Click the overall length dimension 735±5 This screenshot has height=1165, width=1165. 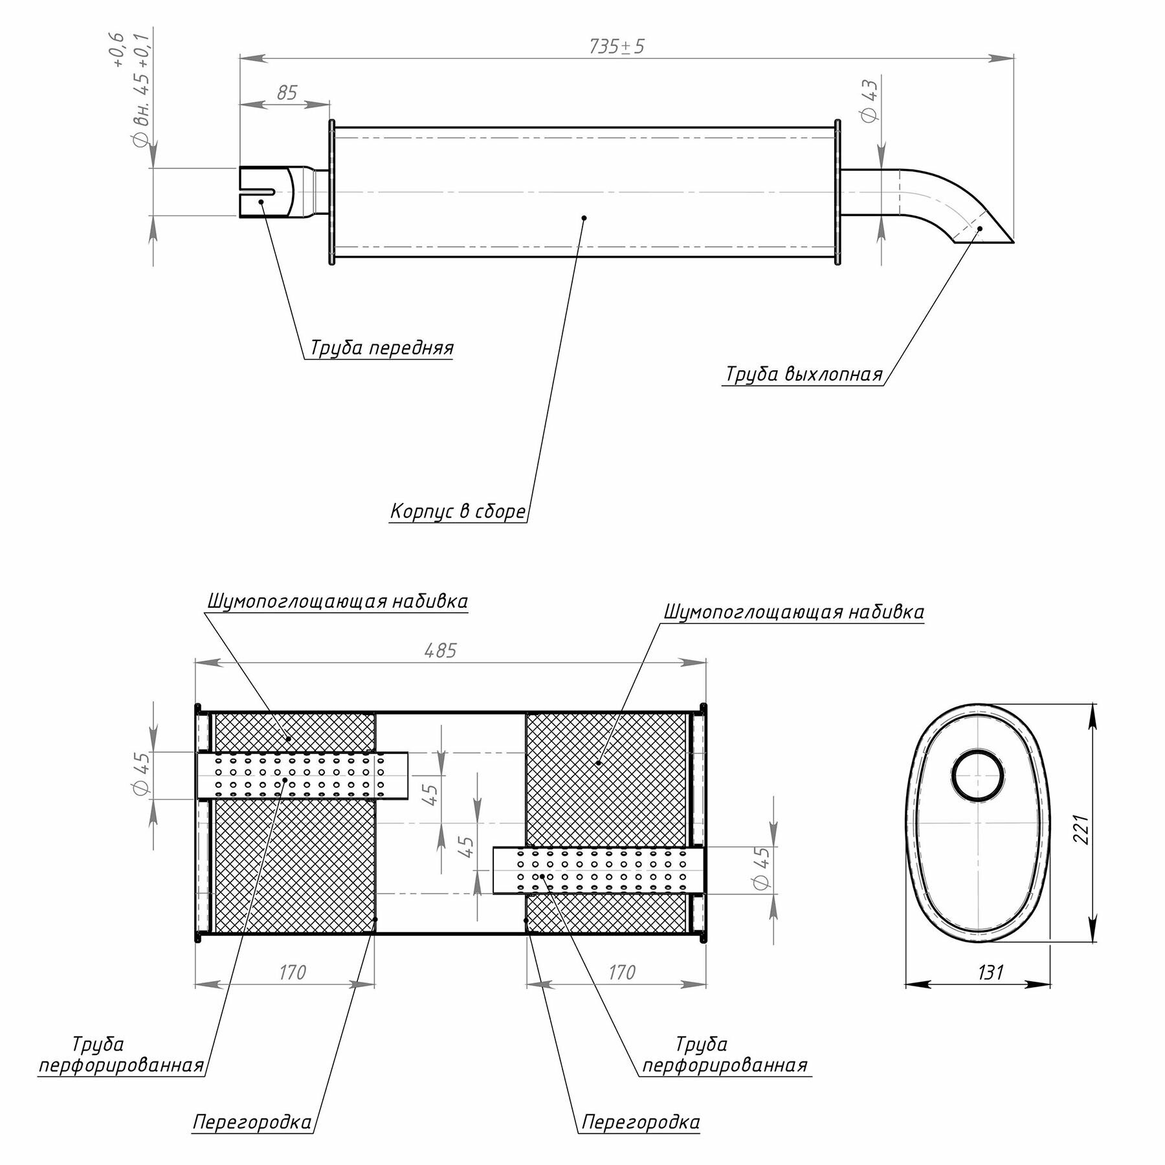click(x=616, y=47)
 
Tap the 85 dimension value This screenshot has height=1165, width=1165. click(x=286, y=93)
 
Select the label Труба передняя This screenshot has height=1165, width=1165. click(x=382, y=348)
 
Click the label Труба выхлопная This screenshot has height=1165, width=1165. click(x=803, y=375)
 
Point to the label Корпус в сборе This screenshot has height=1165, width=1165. click(x=458, y=511)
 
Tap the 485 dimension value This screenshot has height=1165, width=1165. click(x=441, y=650)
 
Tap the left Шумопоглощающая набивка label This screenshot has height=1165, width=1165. click(x=337, y=601)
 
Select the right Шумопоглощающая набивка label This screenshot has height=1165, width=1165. click(x=794, y=612)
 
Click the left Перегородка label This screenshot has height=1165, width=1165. click(x=252, y=1122)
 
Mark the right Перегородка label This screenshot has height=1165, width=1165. click(x=640, y=1122)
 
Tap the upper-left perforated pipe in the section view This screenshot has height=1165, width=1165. click(x=302, y=775)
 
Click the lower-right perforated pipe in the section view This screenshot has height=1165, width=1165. click(x=599, y=871)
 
